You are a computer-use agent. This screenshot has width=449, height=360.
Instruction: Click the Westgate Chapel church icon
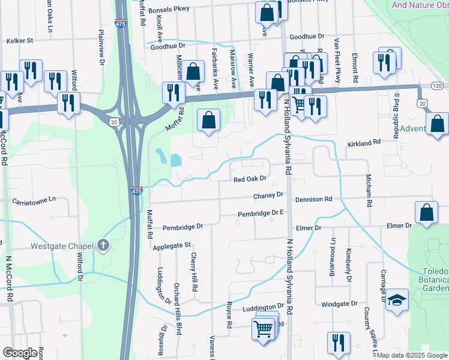pos(103,245)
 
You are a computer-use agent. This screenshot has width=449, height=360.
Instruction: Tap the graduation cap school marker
pos(397,299)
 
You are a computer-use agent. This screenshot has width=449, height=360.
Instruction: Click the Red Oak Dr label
pos(250,179)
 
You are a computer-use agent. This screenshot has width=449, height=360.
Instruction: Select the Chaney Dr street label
pos(268,196)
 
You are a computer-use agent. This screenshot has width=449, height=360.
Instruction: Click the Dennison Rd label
pos(313,199)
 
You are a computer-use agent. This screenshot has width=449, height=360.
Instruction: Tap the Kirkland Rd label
pos(365,143)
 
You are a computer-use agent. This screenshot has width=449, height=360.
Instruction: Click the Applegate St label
pos(171,245)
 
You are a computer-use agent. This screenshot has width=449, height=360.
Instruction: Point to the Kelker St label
pos(19,41)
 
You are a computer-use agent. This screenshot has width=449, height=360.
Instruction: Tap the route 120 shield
pos(437,86)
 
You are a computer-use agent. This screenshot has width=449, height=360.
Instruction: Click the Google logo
pos(20,353)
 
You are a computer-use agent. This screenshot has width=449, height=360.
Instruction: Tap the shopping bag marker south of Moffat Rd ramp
pos(209,121)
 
